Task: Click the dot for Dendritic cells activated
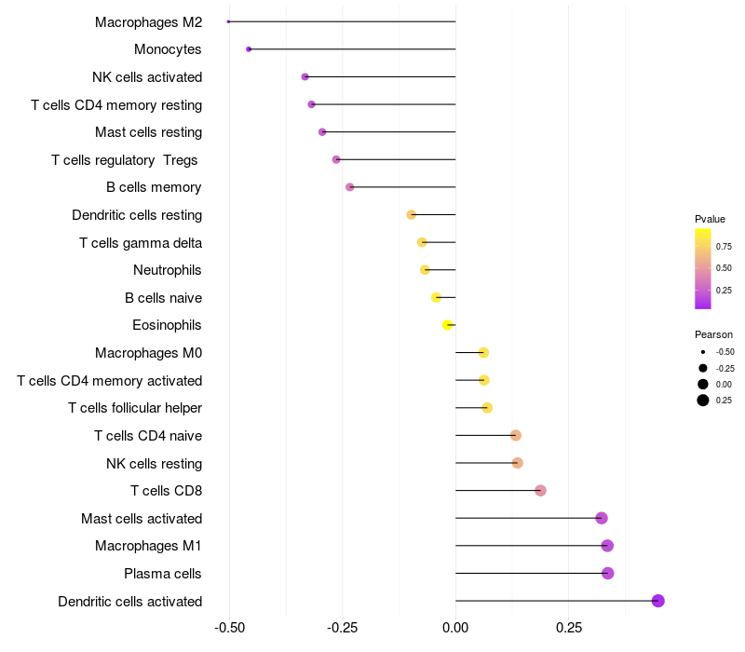657,601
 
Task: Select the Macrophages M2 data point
228,21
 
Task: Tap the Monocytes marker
249,49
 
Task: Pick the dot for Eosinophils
448,325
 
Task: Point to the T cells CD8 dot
540,491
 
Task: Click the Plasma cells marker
608,573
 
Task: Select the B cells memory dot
350,187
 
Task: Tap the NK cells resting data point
518,463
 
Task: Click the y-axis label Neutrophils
168,270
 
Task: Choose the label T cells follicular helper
135,408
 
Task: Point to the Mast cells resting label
148,132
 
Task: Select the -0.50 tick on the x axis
228,629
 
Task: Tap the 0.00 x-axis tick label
455,629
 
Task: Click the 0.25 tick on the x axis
569,629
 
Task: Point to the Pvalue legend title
710,219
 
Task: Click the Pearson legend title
713,334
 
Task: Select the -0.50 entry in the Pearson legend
725,352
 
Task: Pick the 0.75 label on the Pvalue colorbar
724,247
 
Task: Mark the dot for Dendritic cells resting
412,215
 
